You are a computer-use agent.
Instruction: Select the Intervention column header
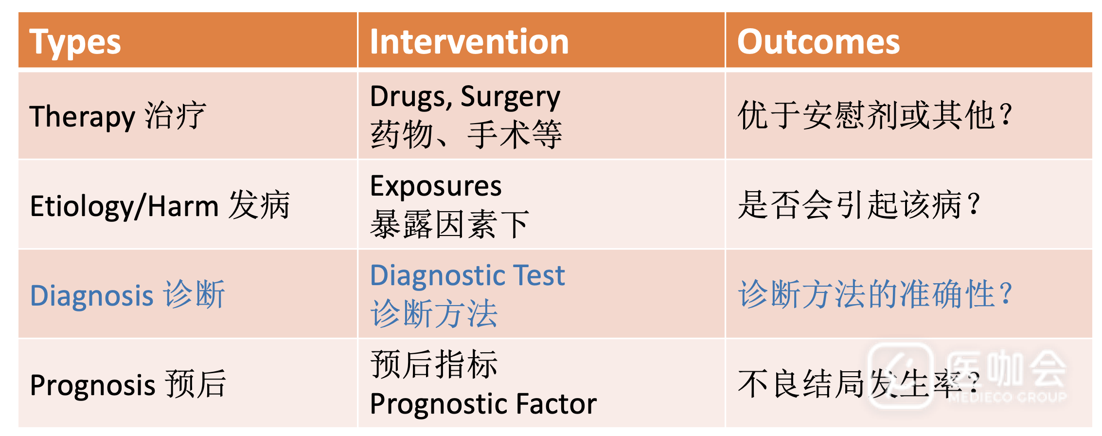pyautogui.click(x=469, y=41)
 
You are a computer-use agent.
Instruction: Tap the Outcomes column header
pyautogui.click(x=818, y=41)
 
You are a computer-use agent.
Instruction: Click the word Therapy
pyautogui.click(x=82, y=117)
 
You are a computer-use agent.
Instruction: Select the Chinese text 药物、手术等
pyautogui.click(x=466, y=135)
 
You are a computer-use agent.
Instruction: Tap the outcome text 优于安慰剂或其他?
pyautogui.click(x=875, y=116)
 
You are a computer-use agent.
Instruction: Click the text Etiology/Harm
pyautogui.click(x=124, y=206)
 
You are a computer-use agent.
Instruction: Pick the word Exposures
pyautogui.click(x=436, y=186)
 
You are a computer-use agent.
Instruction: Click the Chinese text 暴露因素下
pyautogui.click(x=450, y=224)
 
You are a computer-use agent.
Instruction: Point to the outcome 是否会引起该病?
pyautogui.click(x=858, y=205)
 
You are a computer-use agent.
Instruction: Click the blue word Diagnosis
pyautogui.click(x=92, y=296)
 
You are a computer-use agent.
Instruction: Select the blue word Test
pyautogui.click(x=538, y=275)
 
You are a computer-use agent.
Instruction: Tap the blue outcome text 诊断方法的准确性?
pyautogui.click(x=875, y=294)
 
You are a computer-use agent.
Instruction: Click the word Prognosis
pyautogui.click(x=93, y=385)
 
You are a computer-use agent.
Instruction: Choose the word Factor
pyautogui.click(x=556, y=404)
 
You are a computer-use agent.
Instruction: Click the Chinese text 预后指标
pyautogui.click(x=434, y=364)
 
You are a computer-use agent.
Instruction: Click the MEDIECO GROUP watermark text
pyautogui.click(x=1007, y=397)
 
